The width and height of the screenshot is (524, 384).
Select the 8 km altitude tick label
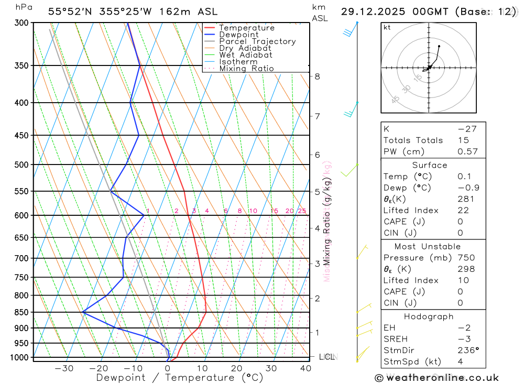coord(318,76)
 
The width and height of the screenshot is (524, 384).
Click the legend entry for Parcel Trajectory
coord(257,41)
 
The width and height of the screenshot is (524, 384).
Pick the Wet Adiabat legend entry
coord(245,55)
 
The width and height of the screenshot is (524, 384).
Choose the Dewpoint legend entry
coord(238,35)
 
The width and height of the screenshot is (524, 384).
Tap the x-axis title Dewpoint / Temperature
coord(180,378)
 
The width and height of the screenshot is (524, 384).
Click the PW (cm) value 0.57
coord(467,151)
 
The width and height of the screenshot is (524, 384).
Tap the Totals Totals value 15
coord(462,140)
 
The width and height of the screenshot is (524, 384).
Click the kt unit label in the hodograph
coord(387,27)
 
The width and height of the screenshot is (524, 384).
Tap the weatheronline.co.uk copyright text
coord(436,378)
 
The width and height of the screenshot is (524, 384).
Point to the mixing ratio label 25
coord(302,211)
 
